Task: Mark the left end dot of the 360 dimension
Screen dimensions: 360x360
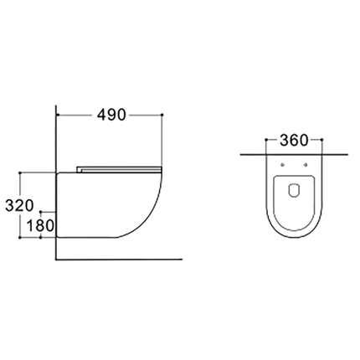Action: (x=266, y=140)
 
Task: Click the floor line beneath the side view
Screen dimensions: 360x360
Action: (x=117, y=257)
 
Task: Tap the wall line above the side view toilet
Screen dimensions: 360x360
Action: (x=55, y=134)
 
